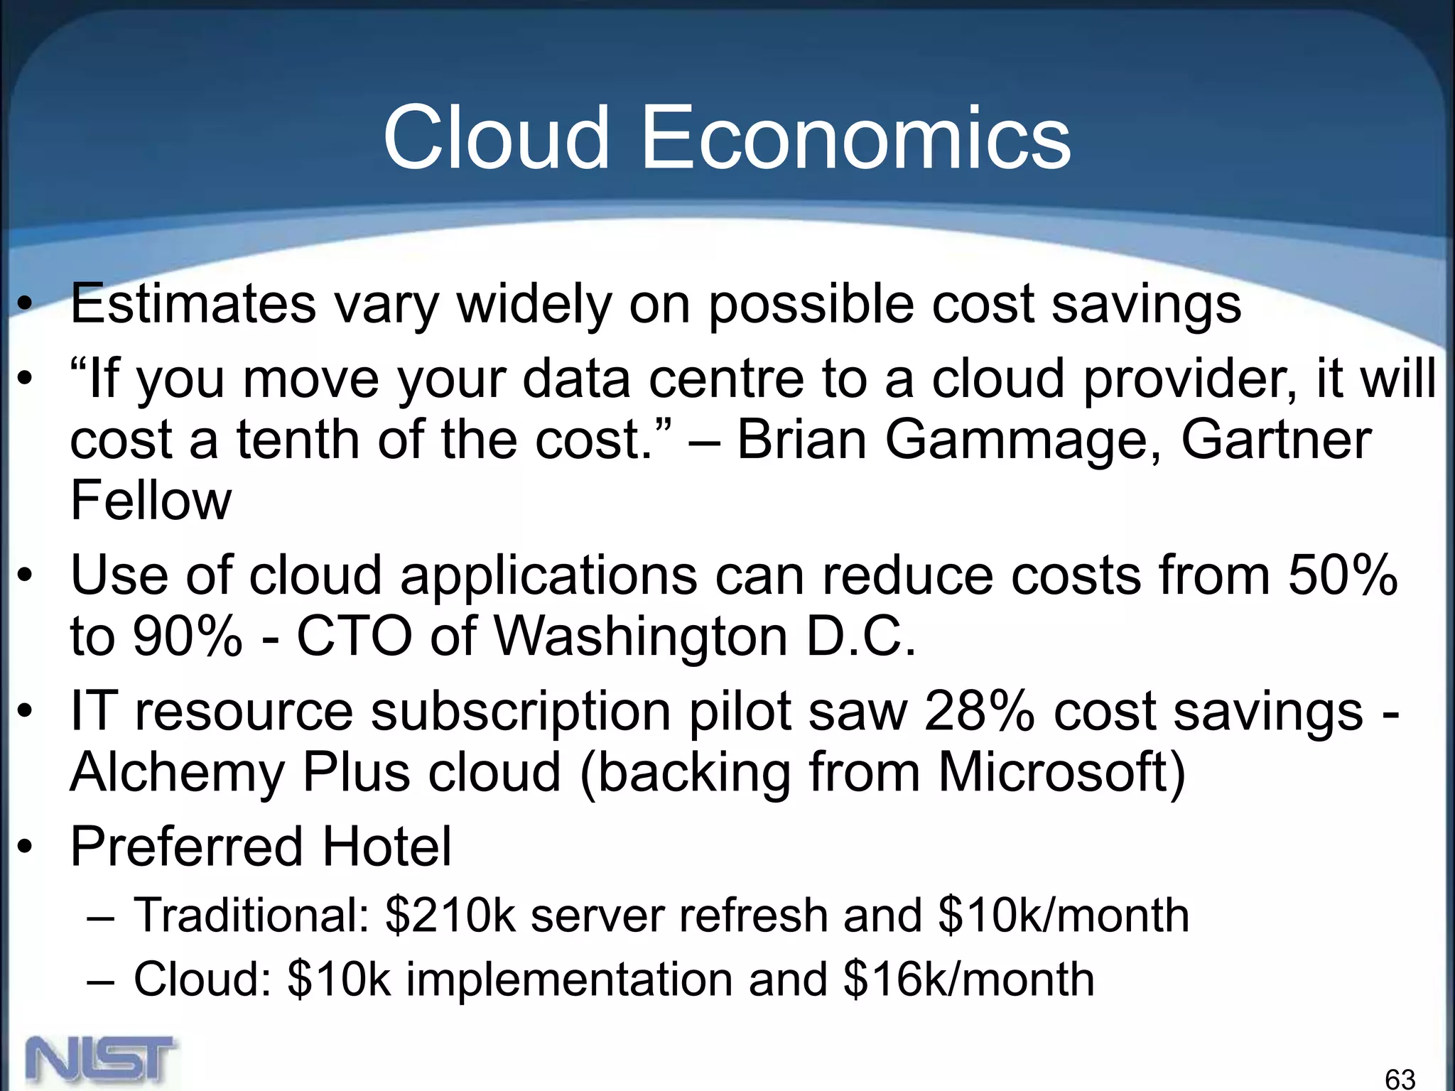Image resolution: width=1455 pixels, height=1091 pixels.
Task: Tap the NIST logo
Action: pos(101,1062)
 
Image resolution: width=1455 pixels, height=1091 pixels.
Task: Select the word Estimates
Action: pos(193,304)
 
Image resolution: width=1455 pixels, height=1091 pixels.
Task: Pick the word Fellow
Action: pos(151,501)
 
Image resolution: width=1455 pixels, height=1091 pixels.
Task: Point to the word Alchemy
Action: pos(177,773)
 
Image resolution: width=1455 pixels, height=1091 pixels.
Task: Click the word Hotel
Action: pos(387,847)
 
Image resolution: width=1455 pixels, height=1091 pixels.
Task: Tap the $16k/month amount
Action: pos(969,979)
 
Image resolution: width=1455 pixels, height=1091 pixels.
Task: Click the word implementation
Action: pos(569,979)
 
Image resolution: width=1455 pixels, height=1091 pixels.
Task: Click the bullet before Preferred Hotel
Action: pos(26,847)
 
